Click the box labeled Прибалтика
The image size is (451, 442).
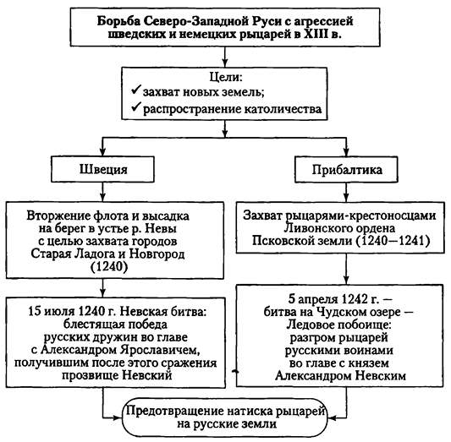[345, 169]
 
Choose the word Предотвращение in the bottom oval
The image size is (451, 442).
[175, 412]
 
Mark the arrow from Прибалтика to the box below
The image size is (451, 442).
[345, 193]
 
